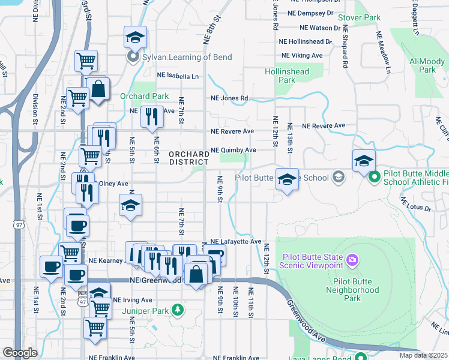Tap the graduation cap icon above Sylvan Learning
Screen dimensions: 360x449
pos(135,38)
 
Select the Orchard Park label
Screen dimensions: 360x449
pos(144,96)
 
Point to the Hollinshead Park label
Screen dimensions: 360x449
pos(280,76)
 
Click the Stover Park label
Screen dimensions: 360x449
pos(359,18)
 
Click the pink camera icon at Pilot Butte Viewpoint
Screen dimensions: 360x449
pos(352,260)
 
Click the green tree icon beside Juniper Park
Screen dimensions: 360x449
pos(177,310)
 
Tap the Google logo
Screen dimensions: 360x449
pos(20,352)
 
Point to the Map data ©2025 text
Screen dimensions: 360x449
pos(423,355)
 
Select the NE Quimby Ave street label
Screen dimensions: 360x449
pos(233,150)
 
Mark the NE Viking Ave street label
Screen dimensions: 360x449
pos(302,55)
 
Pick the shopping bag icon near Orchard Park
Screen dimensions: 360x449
pos(97,89)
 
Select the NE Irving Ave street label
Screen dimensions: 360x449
pos(133,300)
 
